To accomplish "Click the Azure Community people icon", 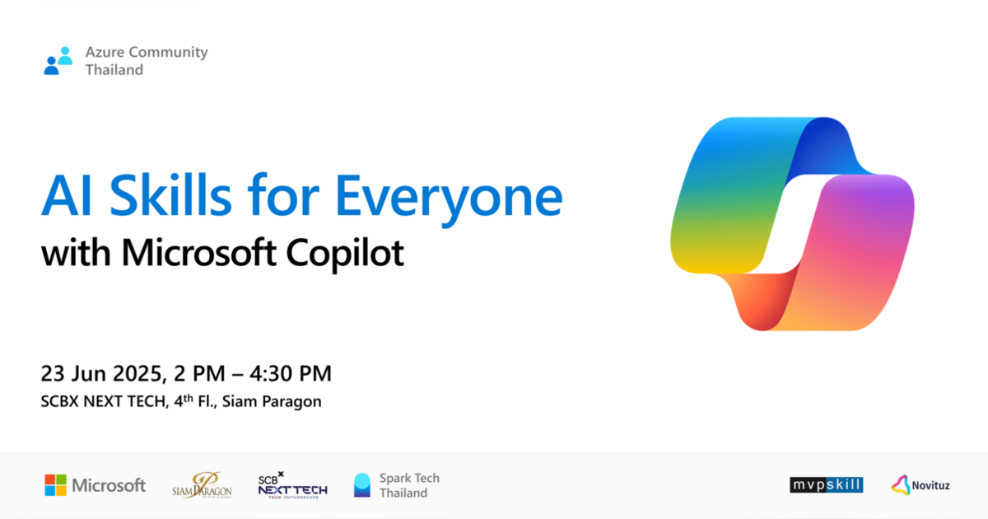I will point(58,61).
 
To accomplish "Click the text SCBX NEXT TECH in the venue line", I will point(98,402).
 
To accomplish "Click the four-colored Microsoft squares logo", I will point(55,485).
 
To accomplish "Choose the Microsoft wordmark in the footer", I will point(109,485).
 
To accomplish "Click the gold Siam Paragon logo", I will point(202,484).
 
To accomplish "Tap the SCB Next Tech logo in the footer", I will point(292,484).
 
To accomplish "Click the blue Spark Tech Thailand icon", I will point(362,485).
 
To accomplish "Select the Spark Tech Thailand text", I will point(409,485).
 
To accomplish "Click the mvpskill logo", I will point(826,485).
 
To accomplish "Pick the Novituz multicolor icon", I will point(900,485).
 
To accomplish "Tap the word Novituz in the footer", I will point(930,485).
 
